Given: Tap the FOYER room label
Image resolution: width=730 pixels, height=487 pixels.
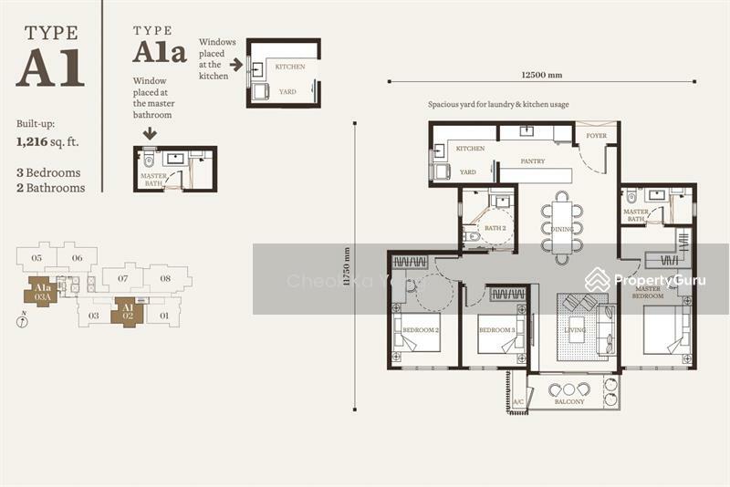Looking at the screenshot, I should pyautogui.click(x=596, y=136).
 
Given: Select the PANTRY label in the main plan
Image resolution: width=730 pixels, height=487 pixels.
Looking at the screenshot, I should pyautogui.click(x=533, y=161).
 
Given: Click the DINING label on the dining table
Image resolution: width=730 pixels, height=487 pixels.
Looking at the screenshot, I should pyautogui.click(x=562, y=229).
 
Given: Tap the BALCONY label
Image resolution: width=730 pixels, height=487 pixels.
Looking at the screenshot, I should pyautogui.click(x=570, y=400).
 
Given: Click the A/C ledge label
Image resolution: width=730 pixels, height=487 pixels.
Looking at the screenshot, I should pyautogui.click(x=518, y=401).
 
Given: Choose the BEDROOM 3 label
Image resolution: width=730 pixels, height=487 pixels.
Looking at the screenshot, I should pyautogui.click(x=497, y=329).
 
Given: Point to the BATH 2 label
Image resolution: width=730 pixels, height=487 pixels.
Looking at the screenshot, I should pyautogui.click(x=495, y=228).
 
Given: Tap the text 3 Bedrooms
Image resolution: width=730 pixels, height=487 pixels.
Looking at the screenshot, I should pyautogui.click(x=48, y=172).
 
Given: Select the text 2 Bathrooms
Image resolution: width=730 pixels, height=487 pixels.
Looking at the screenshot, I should pyautogui.click(x=51, y=188).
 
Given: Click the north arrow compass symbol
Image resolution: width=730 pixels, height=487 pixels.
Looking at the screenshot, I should pyautogui.click(x=22, y=319).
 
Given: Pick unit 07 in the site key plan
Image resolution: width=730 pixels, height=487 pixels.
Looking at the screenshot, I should pyautogui.click(x=121, y=277).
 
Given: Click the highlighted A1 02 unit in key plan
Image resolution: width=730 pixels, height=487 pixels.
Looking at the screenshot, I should pyautogui.click(x=128, y=312).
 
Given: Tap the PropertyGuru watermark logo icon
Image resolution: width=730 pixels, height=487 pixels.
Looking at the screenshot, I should pyautogui.click(x=598, y=279).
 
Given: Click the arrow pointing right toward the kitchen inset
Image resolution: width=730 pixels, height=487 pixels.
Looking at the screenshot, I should pyautogui.click(x=235, y=65).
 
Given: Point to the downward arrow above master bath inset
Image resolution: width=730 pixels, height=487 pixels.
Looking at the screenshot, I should pyautogui.click(x=150, y=134).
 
